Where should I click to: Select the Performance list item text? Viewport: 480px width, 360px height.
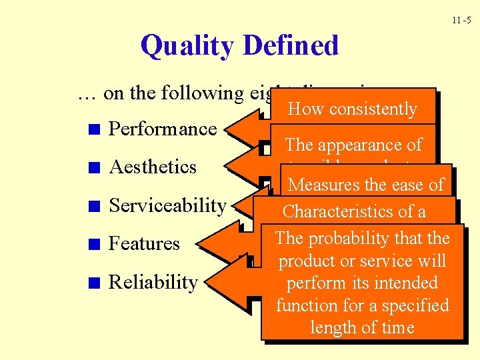pyautogui.click(x=163, y=129)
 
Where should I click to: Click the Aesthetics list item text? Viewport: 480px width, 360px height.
pyautogui.click(x=153, y=167)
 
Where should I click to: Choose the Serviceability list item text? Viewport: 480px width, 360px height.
pyautogui.click(x=167, y=205)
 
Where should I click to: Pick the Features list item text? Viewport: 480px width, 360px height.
pyautogui.click(x=144, y=244)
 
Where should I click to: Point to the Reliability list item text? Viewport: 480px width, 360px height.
pyautogui.click(x=153, y=282)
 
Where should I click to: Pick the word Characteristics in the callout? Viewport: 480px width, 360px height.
pyautogui.click(x=339, y=211)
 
